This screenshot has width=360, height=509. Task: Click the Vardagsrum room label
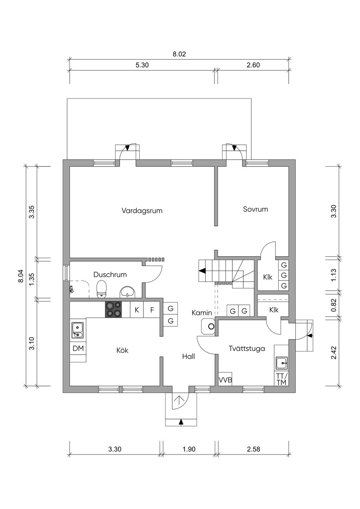coord(142,211)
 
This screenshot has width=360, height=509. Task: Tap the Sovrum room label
coord(256,209)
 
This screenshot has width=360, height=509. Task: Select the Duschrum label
coord(110,275)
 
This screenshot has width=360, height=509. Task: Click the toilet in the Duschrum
coord(102,289)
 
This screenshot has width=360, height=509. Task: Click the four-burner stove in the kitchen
coord(114,310)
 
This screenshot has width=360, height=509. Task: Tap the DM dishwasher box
coord(78,349)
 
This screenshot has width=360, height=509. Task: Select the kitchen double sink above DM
coord(78,330)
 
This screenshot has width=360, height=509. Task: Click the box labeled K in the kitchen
coord(137,310)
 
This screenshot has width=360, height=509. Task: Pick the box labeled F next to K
coord(152,310)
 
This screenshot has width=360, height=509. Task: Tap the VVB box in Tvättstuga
coord(225,380)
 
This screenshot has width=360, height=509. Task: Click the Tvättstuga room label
coord(247,349)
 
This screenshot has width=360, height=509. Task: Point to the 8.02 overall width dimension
coord(179,54)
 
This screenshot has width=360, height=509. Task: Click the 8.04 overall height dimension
coord(20,276)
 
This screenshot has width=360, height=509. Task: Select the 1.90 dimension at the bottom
coord(189,449)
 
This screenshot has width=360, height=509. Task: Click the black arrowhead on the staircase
coord(202,271)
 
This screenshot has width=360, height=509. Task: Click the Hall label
coord(188,356)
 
